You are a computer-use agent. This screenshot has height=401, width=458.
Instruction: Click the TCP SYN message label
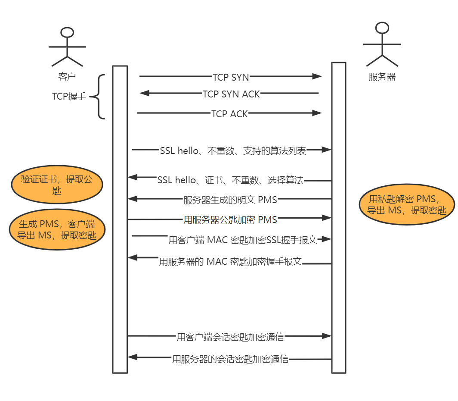[x=231, y=77]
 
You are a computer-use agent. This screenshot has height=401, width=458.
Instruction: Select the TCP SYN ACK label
[x=231, y=94]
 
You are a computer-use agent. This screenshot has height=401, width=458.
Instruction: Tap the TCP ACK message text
[x=229, y=114]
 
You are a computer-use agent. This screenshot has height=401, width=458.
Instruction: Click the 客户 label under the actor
[x=67, y=77]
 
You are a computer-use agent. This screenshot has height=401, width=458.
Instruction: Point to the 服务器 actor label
[x=382, y=77]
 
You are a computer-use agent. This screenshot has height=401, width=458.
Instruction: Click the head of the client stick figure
[x=67, y=33]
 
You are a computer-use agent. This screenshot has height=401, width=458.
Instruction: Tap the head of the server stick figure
[x=382, y=28]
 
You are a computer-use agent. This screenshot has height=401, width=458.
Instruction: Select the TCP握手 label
[x=69, y=97]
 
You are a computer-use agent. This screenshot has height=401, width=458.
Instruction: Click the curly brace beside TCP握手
[x=98, y=97]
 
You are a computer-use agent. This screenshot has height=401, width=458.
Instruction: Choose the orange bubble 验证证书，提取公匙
[x=57, y=185]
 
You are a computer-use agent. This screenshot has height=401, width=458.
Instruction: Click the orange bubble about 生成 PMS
[x=57, y=230]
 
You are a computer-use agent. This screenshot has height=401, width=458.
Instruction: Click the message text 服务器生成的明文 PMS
[x=230, y=200]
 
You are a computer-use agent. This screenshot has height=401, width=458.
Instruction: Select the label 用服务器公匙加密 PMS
[x=230, y=219]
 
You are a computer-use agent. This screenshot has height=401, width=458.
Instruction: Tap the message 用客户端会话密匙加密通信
[x=230, y=337]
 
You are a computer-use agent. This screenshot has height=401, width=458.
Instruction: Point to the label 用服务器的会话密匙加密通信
[x=230, y=359]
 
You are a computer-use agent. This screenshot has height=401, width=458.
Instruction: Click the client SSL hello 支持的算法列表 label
[x=233, y=151]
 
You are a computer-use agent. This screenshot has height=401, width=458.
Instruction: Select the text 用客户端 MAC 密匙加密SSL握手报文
[x=242, y=240]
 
